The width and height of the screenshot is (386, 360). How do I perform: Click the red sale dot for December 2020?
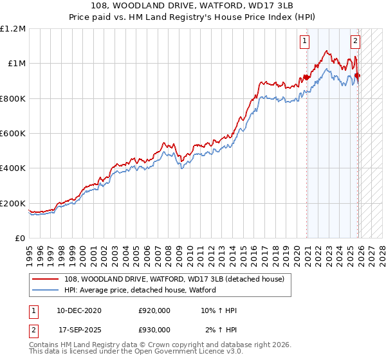(306, 78)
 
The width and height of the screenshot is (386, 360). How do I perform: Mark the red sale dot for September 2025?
(358, 76)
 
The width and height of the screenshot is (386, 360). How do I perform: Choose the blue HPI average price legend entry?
(140, 290)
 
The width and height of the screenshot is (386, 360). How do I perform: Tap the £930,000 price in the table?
(154, 329)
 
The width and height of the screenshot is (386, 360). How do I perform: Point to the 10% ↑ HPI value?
(218, 310)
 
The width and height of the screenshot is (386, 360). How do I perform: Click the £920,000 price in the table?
(154, 310)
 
